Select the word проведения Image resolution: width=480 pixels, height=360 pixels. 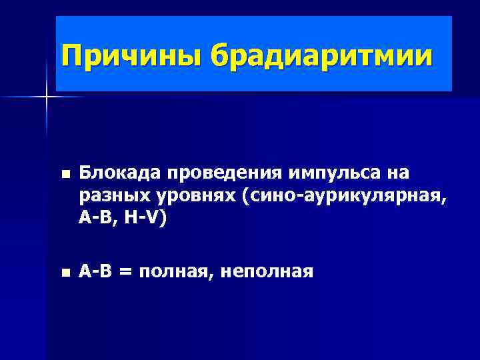[x=224, y=173]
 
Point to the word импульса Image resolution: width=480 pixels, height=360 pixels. [x=333, y=173]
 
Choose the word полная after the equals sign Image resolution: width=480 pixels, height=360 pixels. [x=177, y=271]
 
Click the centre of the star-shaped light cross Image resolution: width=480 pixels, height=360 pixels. [x=47, y=97]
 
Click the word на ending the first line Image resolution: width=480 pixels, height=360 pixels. [x=397, y=173]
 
